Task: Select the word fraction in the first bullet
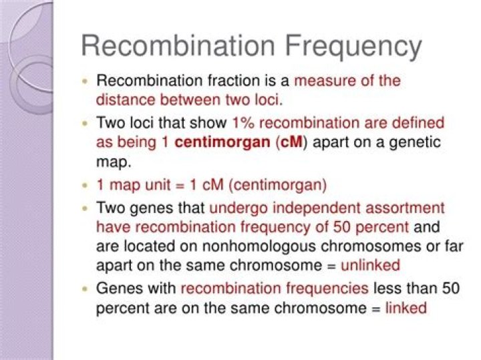[234, 81]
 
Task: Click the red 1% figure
[244, 123]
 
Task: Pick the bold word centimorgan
[222, 142]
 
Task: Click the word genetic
[415, 143]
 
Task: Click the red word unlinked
[370, 265]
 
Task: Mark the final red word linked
[406, 307]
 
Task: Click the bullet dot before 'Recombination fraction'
[86, 81]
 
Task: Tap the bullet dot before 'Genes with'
[86, 289]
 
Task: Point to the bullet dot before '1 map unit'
[86, 186]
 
